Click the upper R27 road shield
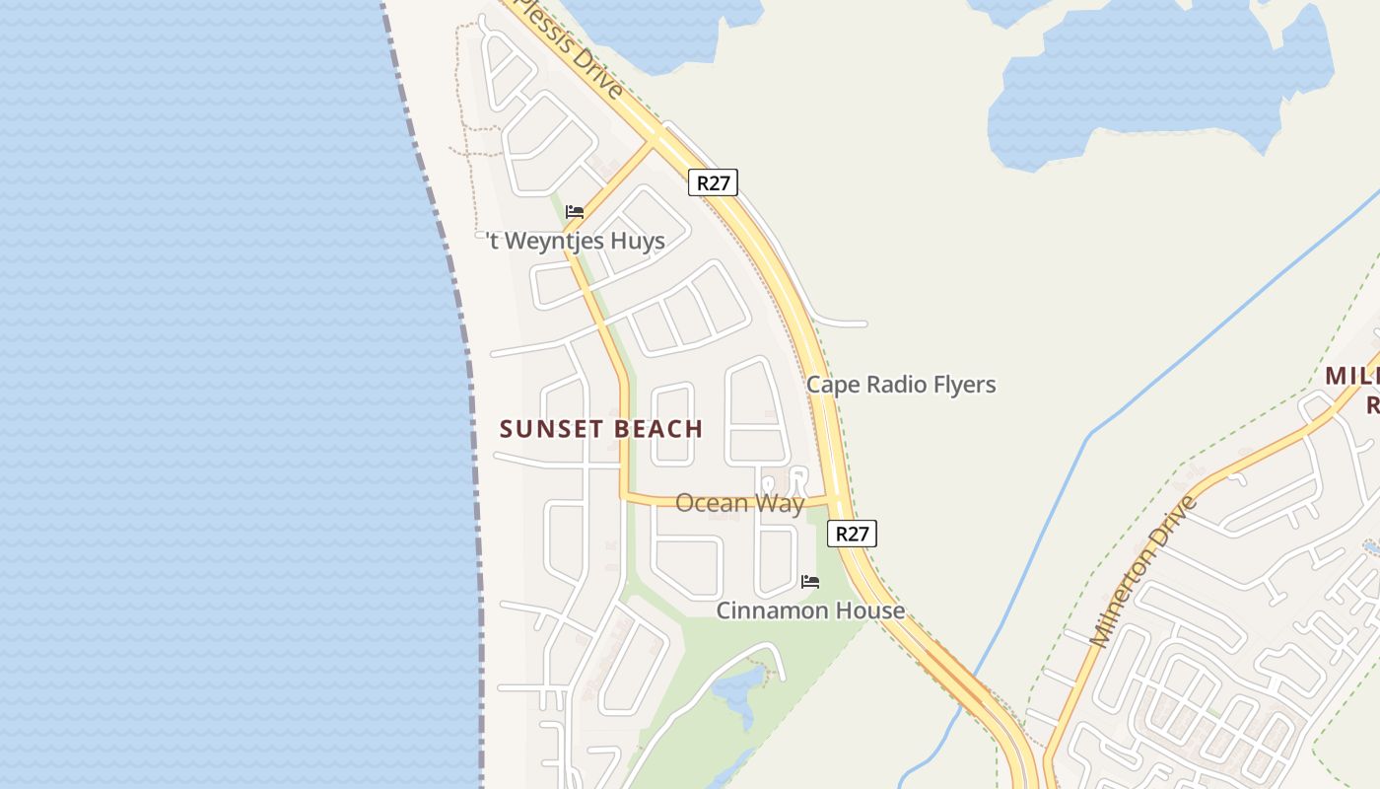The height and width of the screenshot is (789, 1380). pos(713,182)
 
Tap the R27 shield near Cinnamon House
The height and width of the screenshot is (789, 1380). pos(852,534)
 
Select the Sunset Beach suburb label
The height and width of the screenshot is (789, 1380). pos(601,429)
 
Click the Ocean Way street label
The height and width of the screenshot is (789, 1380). pos(739,503)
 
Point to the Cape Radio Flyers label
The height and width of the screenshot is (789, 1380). pos(901,385)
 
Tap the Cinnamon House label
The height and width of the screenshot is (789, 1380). pos(810,610)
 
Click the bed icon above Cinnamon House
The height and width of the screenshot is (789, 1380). pos(810,582)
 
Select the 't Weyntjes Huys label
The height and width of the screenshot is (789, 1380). pos(576,241)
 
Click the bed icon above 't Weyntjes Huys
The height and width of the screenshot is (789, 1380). pos(575,212)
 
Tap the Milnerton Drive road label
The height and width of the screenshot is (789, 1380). pos(1143,572)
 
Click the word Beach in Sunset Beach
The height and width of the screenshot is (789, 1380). pos(656,429)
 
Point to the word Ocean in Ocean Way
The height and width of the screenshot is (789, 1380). pos(706,503)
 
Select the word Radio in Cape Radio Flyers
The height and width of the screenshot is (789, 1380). pos(886,385)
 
